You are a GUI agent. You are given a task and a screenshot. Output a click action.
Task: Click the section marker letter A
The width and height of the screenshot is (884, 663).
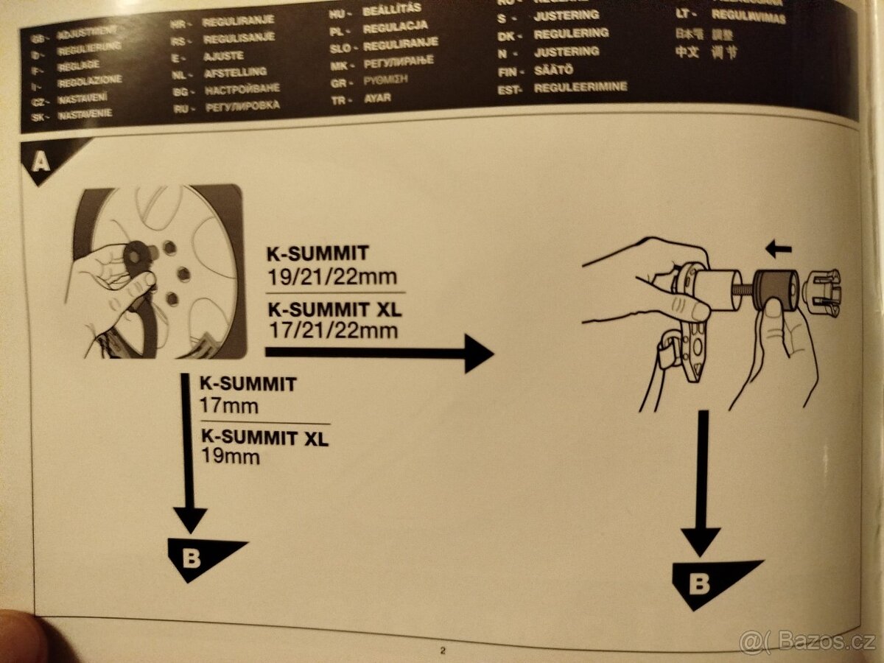[41, 160]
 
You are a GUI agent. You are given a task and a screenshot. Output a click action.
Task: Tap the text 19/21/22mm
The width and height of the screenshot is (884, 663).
[331, 277]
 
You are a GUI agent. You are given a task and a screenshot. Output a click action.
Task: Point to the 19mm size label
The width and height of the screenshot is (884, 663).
[230, 457]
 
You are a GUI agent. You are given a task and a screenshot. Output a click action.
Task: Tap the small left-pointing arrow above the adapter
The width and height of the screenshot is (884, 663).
[778, 250]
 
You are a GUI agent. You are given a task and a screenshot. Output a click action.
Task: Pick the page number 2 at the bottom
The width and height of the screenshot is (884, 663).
[443, 650]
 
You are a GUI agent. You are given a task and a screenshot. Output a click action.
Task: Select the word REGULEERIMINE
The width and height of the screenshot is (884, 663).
[581, 88]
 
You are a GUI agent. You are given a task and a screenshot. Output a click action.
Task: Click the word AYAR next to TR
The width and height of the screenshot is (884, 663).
[377, 98]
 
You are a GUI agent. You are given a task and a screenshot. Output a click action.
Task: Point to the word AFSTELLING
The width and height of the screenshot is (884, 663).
[235, 73]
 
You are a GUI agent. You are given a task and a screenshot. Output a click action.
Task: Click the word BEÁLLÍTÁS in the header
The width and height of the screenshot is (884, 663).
[393, 10]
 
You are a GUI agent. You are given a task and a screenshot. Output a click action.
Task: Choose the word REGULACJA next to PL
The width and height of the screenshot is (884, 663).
[396, 27]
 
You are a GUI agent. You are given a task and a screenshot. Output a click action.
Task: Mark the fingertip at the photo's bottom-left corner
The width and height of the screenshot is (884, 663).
[18, 637]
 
